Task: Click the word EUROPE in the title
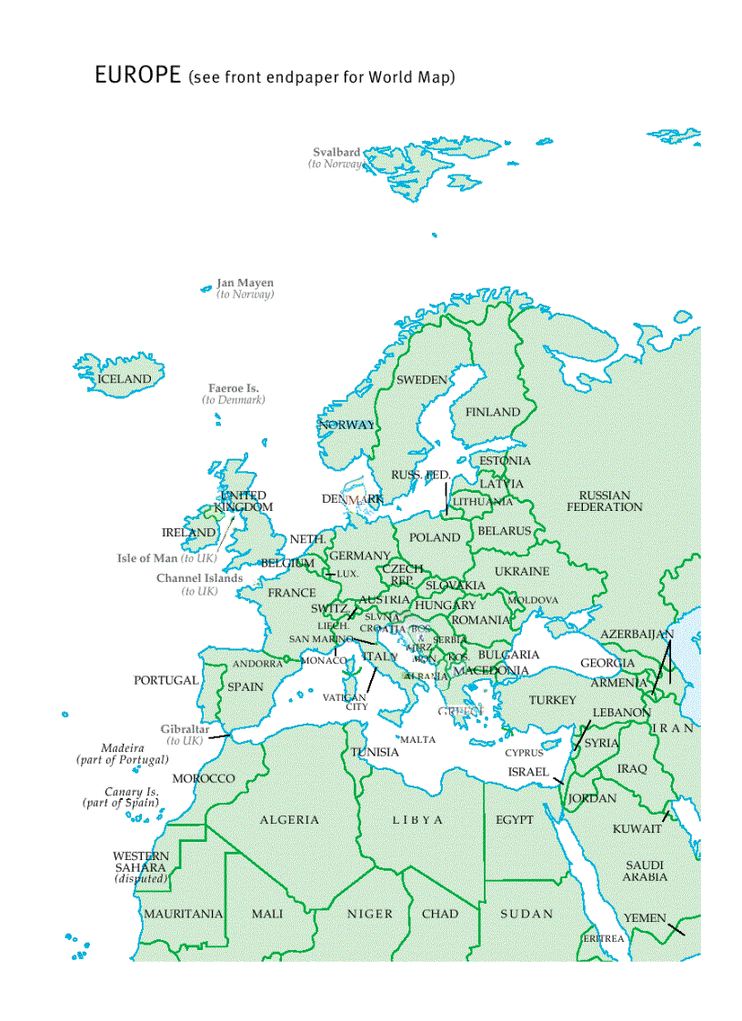[137, 75]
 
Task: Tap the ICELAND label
[125, 378]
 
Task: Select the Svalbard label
[336, 153]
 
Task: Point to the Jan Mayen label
[245, 283]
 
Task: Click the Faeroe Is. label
[234, 388]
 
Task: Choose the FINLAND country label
[493, 412]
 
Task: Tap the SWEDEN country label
[422, 379]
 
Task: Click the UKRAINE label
[522, 572]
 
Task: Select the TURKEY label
[553, 700]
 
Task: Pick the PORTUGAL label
[165, 680]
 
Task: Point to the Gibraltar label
[185, 729]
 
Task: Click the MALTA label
[417, 740]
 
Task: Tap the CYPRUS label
[524, 753]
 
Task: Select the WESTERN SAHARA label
[141, 862]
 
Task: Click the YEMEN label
[645, 918]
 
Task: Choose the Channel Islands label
[199, 578]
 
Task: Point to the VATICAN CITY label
[345, 702]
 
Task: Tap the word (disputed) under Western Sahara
[141, 879]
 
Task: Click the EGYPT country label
[515, 820]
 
